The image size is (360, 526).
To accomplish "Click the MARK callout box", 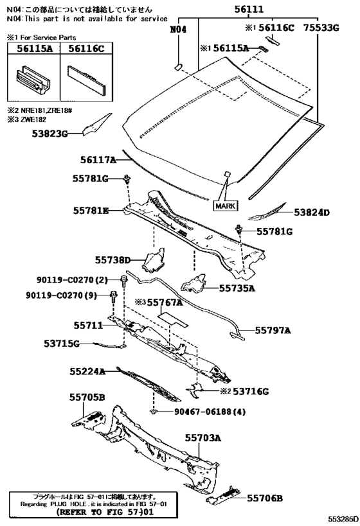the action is [226, 206].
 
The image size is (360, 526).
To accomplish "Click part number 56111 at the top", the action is [249, 9].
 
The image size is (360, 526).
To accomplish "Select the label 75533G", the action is [321, 28].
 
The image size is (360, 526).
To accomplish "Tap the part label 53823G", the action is [50, 134].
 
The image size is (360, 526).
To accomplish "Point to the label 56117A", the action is [98, 160].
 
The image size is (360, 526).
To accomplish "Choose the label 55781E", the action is [91, 211].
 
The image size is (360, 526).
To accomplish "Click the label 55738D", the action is [112, 259].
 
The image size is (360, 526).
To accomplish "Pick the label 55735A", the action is [237, 288].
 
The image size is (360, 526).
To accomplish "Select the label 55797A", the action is [273, 330].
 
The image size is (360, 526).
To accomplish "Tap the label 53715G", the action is [62, 344].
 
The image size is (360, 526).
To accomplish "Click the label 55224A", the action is [87, 371].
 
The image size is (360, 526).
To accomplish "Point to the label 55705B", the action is [87, 397].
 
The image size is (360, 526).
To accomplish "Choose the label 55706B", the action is [265, 498].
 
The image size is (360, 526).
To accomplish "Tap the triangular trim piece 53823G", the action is [97, 124].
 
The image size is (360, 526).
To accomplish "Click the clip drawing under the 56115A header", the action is [33, 79].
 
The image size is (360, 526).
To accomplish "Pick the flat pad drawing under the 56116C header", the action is [87, 79].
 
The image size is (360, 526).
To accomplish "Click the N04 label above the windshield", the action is [178, 30].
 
